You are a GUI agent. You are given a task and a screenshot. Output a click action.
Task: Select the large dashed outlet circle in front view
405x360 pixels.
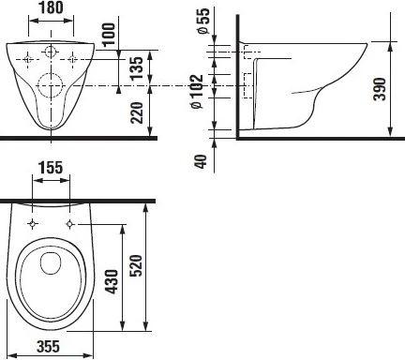coord(52,90)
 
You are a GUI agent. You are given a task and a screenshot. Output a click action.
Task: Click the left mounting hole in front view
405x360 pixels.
coord(31,59)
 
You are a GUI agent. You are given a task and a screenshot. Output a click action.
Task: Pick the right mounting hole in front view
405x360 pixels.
coord(72,59)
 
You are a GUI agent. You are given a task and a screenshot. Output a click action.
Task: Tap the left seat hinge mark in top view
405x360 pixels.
coord(33,224)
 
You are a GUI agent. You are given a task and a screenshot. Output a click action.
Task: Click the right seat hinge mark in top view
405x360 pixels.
coord(71,224)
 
